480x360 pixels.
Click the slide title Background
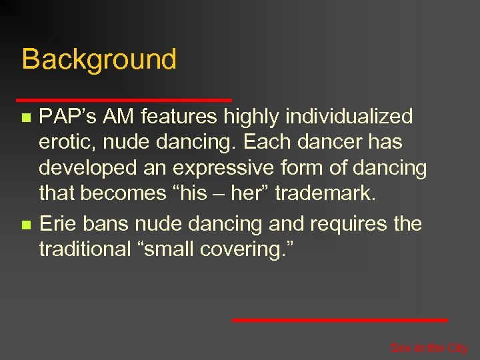(99, 59)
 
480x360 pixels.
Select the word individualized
(349, 117)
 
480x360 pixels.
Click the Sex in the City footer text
(429, 347)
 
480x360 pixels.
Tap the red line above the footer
(339, 320)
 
